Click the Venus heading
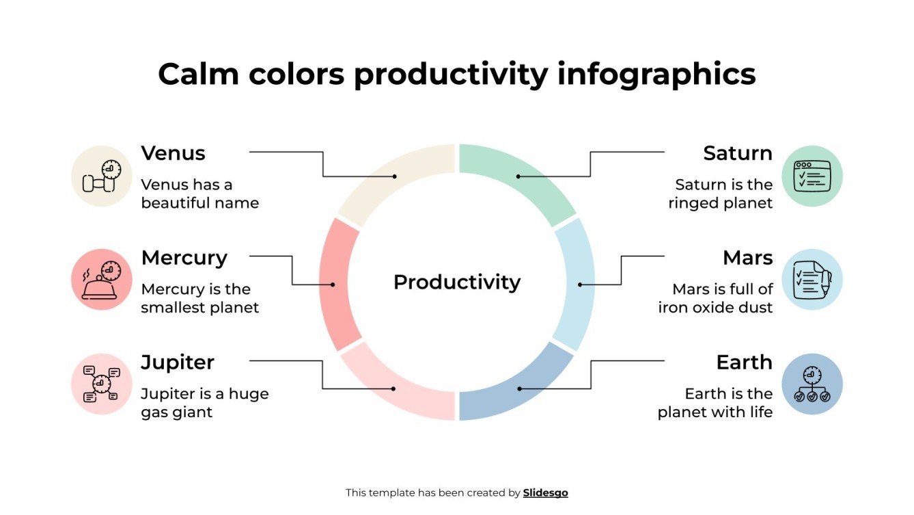click(173, 153)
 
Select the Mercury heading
click(184, 258)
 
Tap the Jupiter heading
click(178, 362)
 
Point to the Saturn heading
click(738, 153)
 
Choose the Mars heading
click(747, 258)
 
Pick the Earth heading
click(744, 362)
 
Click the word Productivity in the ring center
click(456, 282)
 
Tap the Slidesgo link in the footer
click(545, 492)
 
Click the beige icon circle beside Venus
click(101, 176)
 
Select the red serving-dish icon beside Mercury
click(101, 280)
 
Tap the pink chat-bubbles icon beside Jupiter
click(101, 384)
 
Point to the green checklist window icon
click(812, 176)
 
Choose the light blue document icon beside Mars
click(812, 280)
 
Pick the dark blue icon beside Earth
click(812, 384)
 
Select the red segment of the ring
click(335, 284)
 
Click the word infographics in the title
click(656, 74)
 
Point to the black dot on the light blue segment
click(580, 285)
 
